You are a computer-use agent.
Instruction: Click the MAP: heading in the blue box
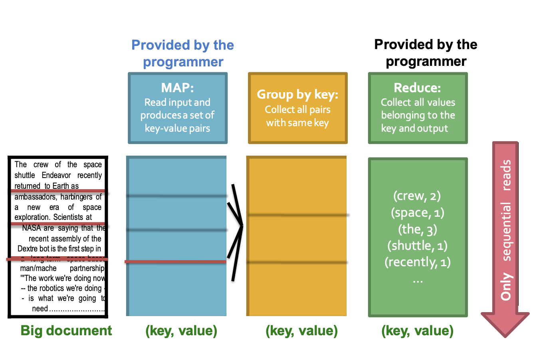(178, 88)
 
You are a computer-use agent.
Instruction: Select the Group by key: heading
(297, 95)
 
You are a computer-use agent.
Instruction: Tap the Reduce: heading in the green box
(417, 88)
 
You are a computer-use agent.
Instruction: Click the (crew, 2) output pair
(417, 196)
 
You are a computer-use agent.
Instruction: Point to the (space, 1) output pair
(418, 213)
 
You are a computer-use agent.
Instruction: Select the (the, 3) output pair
(418, 229)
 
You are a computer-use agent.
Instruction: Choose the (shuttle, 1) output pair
(417, 246)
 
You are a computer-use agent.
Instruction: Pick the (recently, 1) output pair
(418, 262)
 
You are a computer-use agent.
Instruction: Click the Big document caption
(66, 330)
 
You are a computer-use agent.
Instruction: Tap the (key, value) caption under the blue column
(181, 330)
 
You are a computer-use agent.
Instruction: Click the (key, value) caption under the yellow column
(301, 330)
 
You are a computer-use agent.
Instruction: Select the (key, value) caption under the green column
(417, 330)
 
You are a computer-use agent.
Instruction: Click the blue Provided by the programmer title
(183, 53)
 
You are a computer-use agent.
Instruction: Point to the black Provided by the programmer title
(426, 53)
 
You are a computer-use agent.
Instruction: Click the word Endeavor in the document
(56, 175)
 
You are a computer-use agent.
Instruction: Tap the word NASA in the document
(32, 228)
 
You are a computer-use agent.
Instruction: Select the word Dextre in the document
(28, 249)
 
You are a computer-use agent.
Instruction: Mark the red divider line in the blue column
(176, 262)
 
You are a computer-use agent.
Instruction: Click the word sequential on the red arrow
(506, 231)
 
